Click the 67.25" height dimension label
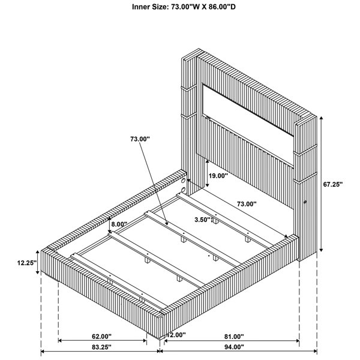[x=332, y=184]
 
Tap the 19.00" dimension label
[x=218, y=176]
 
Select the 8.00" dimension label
[x=119, y=224]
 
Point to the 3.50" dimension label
[x=203, y=220]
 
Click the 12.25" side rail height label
[x=27, y=263]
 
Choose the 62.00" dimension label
[x=101, y=337]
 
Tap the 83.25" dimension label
[x=101, y=347]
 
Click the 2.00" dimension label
[x=178, y=335]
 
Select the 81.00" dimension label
[x=234, y=337]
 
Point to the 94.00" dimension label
[x=234, y=347]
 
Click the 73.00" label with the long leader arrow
[x=140, y=139]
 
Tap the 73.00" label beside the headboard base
[x=247, y=204]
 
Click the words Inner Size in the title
[x=151, y=7]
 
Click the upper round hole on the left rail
[x=183, y=181]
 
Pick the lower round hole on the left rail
[x=183, y=190]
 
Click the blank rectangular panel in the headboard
[x=248, y=110]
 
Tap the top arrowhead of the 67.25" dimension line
[x=322, y=118]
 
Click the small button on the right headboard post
[x=305, y=202]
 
